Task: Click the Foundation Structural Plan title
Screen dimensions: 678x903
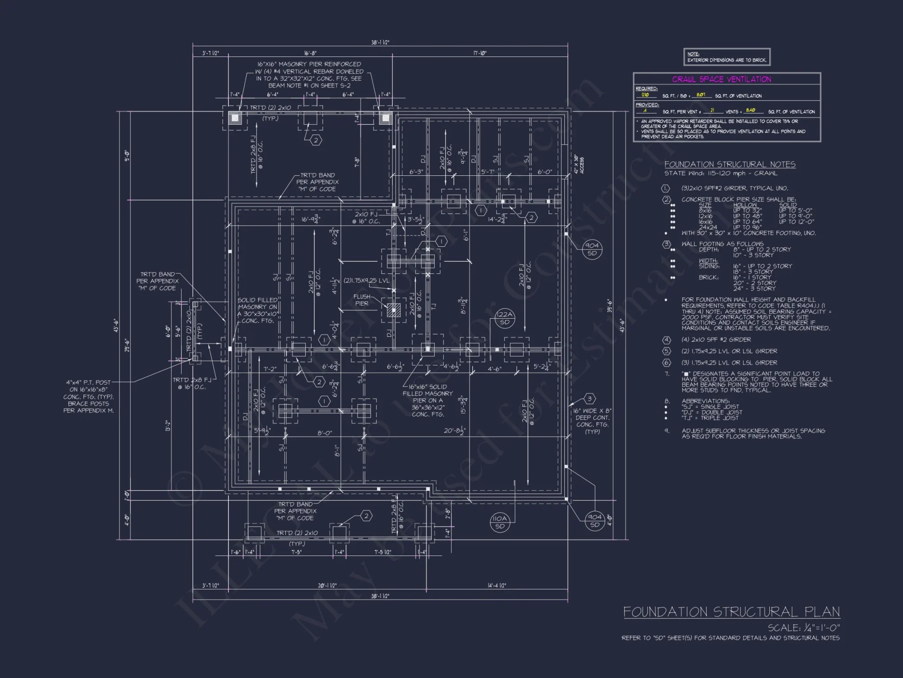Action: click(731, 612)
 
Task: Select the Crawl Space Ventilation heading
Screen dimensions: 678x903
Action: click(721, 80)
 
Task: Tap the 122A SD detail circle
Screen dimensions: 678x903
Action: click(505, 318)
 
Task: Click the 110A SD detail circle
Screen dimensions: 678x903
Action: click(500, 522)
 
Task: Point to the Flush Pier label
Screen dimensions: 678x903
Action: click(362, 300)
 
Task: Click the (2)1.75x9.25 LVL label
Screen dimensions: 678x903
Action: click(366, 281)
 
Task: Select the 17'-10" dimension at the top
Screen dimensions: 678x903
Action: click(480, 53)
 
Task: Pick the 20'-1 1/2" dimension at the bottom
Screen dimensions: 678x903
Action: click(327, 585)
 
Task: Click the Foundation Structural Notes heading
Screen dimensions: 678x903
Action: click(730, 165)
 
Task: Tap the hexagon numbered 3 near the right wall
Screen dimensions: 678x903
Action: click(589, 399)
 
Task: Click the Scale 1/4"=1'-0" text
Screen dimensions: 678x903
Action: click(804, 628)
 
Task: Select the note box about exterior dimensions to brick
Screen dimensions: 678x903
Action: click(726, 57)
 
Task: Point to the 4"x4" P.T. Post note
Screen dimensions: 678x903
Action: click(88, 396)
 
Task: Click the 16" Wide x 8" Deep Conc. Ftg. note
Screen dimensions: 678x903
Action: click(592, 421)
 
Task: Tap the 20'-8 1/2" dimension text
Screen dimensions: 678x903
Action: click(455, 431)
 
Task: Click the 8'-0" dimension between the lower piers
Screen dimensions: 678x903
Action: click(324, 433)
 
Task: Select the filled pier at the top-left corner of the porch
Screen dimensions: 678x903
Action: click(235, 118)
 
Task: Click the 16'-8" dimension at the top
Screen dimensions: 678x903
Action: click(310, 53)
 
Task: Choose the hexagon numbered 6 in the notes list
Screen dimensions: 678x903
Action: click(666, 363)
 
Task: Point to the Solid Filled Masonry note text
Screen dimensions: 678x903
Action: click(257, 310)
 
